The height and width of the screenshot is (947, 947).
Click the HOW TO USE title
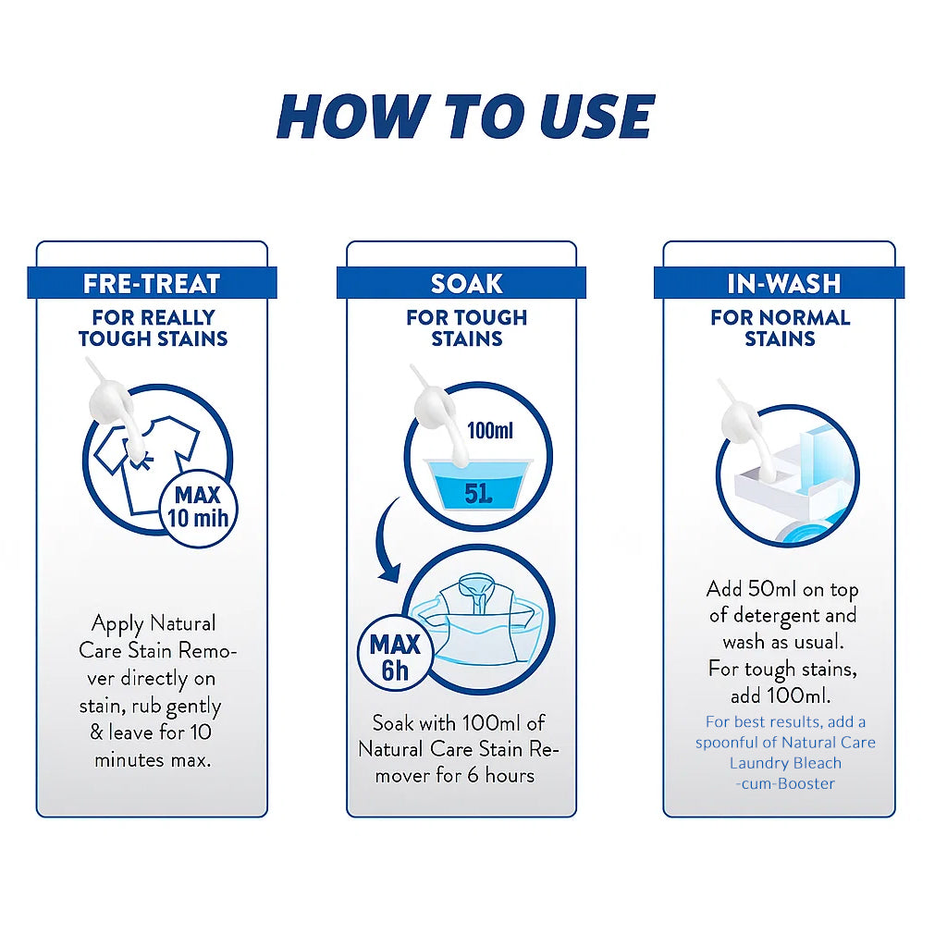[x=465, y=117]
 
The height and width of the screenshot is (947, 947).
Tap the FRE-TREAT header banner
[x=153, y=283]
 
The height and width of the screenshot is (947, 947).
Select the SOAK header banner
[x=461, y=283]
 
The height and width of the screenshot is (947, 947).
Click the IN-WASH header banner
[x=779, y=283]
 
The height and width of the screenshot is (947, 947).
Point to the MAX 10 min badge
[x=199, y=509]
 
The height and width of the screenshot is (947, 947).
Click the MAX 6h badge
[x=396, y=658]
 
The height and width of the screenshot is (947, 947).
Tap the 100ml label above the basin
[x=490, y=431]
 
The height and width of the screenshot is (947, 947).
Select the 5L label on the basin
[x=478, y=494]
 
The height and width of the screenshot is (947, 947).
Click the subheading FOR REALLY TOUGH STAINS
[x=153, y=328]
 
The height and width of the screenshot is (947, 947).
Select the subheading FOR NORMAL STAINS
[x=780, y=328]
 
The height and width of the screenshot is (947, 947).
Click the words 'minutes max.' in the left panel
[x=153, y=760]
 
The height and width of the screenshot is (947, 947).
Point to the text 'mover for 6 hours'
[x=455, y=776]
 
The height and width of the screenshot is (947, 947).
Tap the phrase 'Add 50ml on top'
[x=782, y=589]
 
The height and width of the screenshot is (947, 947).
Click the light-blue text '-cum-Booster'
[x=785, y=783]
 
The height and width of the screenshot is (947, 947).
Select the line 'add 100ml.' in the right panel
[x=781, y=695]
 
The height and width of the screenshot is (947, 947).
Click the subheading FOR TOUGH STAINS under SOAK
[x=467, y=328]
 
